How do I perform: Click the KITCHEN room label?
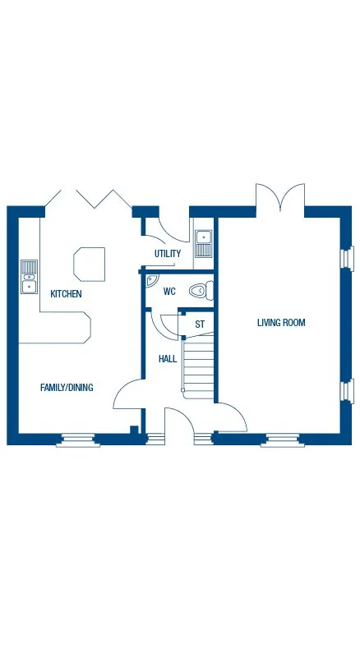(66, 293)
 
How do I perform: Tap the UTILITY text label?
(167, 254)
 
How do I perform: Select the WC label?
(169, 292)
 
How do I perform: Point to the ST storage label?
(199, 324)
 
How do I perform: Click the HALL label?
(168, 359)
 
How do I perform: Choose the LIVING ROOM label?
(281, 323)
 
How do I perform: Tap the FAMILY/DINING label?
(67, 387)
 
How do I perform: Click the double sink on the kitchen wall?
(29, 277)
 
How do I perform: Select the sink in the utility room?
(203, 243)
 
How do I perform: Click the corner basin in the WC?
(151, 281)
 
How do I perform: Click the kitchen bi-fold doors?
(88, 199)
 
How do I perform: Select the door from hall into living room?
(231, 417)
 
